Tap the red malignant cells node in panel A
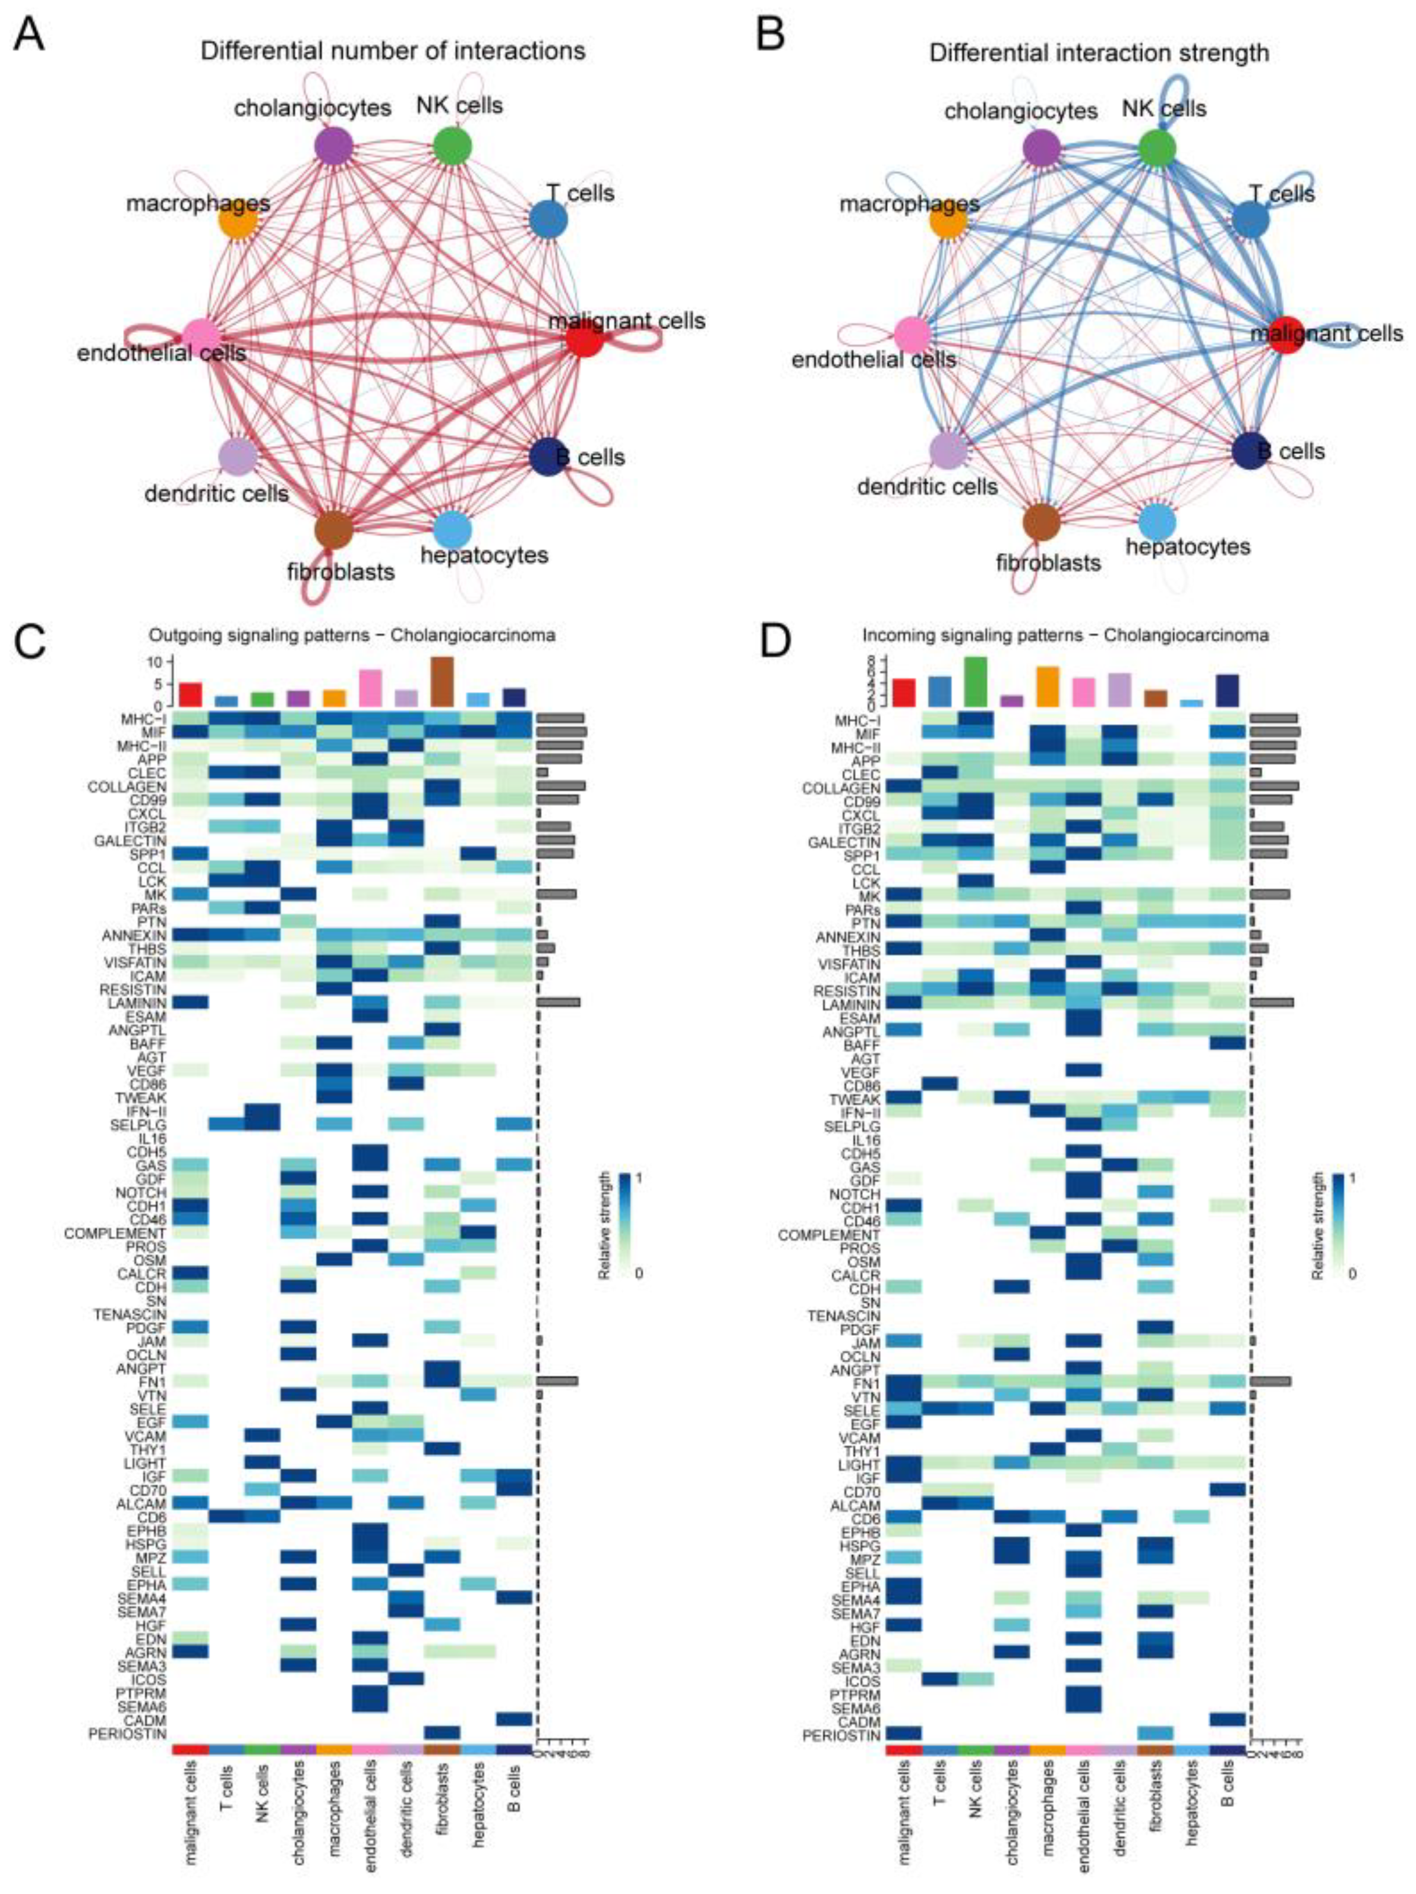585,339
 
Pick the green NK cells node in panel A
453,146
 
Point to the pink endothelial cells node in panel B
913,332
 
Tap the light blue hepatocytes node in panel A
452,529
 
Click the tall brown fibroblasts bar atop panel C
443,681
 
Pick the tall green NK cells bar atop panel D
976,681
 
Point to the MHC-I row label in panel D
859,721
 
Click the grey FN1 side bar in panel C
557,1380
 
